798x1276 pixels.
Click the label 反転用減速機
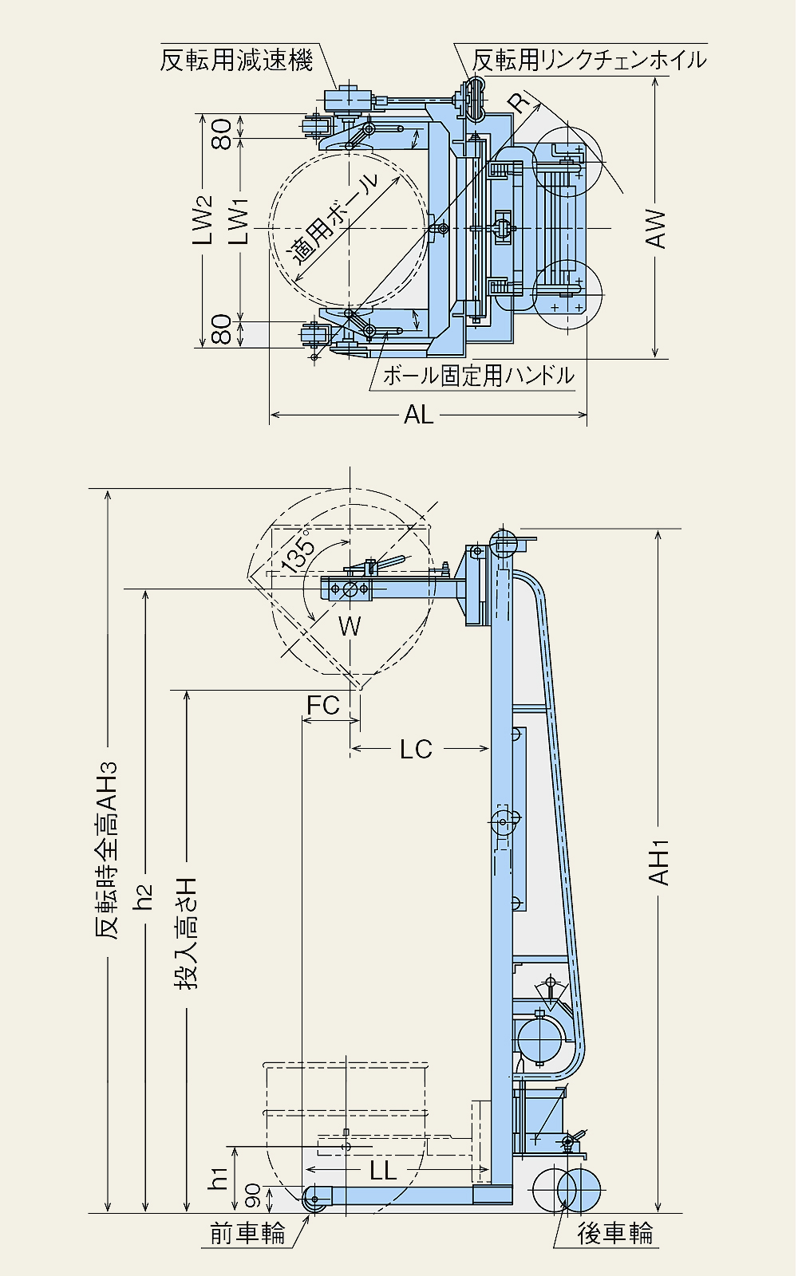(x=236, y=60)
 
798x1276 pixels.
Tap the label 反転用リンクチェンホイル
(x=589, y=60)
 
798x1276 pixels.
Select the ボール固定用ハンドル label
(x=478, y=376)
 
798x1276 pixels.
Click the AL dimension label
(x=418, y=415)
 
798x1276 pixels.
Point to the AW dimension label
(x=656, y=229)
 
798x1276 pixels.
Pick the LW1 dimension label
(x=240, y=222)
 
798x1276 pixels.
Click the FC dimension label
(x=322, y=705)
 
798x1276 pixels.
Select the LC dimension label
(x=416, y=749)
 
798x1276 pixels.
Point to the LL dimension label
(x=383, y=1170)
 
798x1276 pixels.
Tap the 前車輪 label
(x=247, y=1234)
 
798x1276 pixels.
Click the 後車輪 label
(x=615, y=1234)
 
